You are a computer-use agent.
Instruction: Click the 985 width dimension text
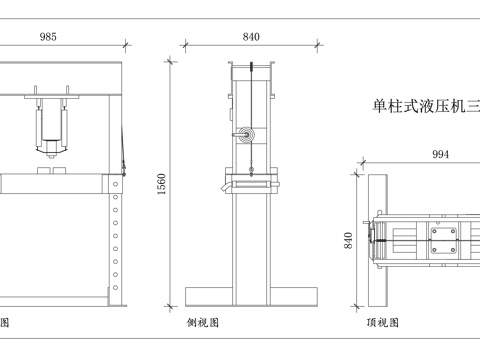[x=48, y=36]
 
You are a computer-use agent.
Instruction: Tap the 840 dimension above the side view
[x=251, y=36]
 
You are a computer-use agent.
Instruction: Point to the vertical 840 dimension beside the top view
[x=349, y=241]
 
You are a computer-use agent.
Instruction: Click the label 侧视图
[x=202, y=323]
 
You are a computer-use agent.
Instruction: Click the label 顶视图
[x=381, y=323]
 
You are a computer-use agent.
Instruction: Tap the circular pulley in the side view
[x=247, y=138]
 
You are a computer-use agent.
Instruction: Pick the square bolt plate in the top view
[x=443, y=241]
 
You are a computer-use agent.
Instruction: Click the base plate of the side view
[x=251, y=298]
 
